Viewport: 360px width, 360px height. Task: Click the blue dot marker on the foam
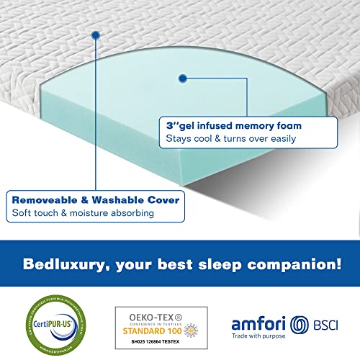tap(183, 76)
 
